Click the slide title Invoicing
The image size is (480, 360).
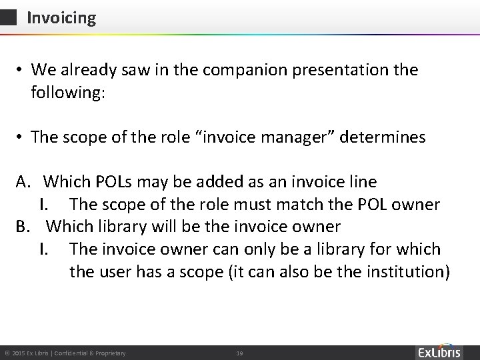[x=61, y=18]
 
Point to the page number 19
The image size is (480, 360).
[x=239, y=352]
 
